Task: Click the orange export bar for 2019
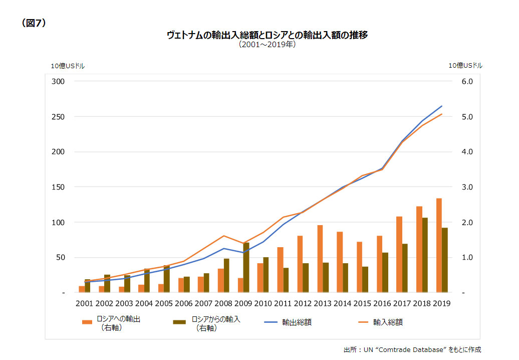coord(439,245)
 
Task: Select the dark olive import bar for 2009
coord(246,267)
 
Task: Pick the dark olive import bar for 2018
coord(425,255)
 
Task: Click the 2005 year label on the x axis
coord(163,303)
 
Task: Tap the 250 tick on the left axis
coord(58,117)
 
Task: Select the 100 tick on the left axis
coord(58,222)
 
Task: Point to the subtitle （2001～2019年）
coord(267,45)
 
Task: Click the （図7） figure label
coord(34,23)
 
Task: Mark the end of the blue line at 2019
coord(442,106)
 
